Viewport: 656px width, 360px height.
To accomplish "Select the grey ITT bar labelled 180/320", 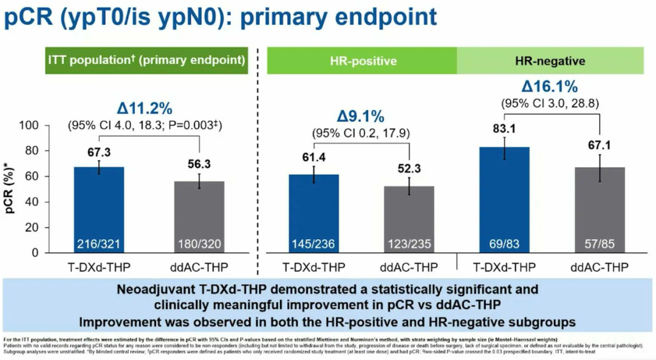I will (199, 216).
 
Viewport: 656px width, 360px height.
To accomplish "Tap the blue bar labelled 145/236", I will (314, 212).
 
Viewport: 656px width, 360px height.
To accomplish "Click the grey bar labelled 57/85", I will (600, 209).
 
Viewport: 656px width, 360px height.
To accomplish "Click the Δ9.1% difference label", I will (360, 115).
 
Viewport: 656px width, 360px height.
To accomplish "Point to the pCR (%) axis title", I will (11, 189).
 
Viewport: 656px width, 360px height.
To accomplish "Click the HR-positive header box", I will (363, 61).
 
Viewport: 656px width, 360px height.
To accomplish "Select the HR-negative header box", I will (550, 61).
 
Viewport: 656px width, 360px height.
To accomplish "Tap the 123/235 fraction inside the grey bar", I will (409, 244).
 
